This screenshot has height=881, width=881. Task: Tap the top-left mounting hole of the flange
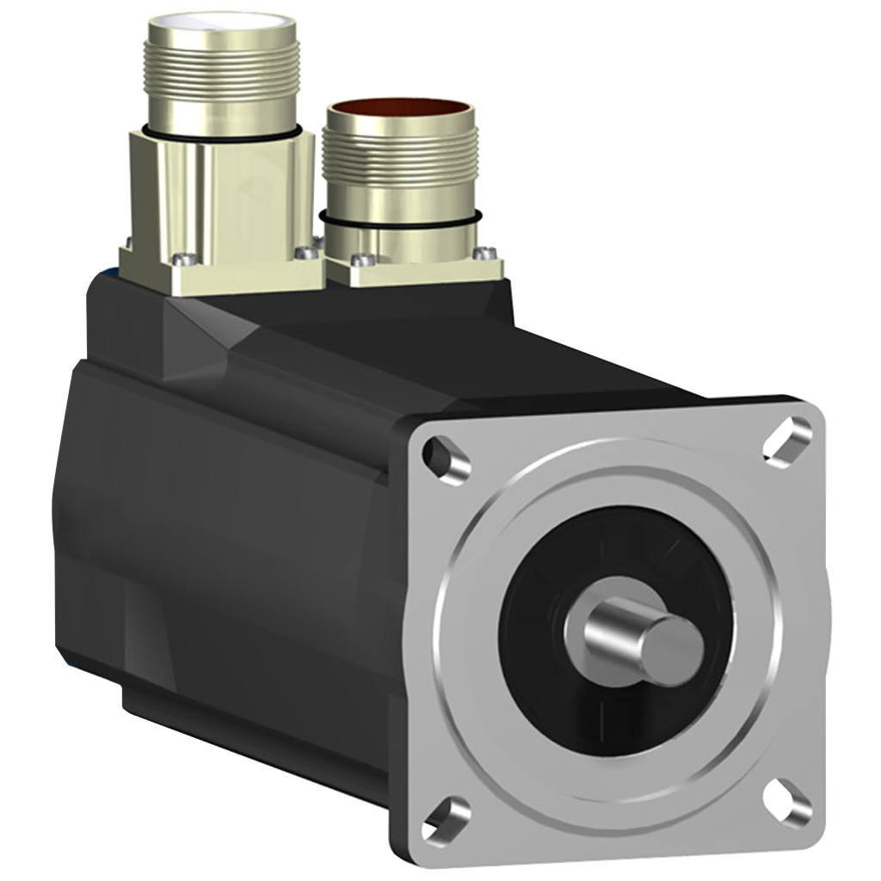click(447, 456)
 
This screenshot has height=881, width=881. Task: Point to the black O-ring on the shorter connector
click(400, 222)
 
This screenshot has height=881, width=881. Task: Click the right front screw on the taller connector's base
click(302, 253)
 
